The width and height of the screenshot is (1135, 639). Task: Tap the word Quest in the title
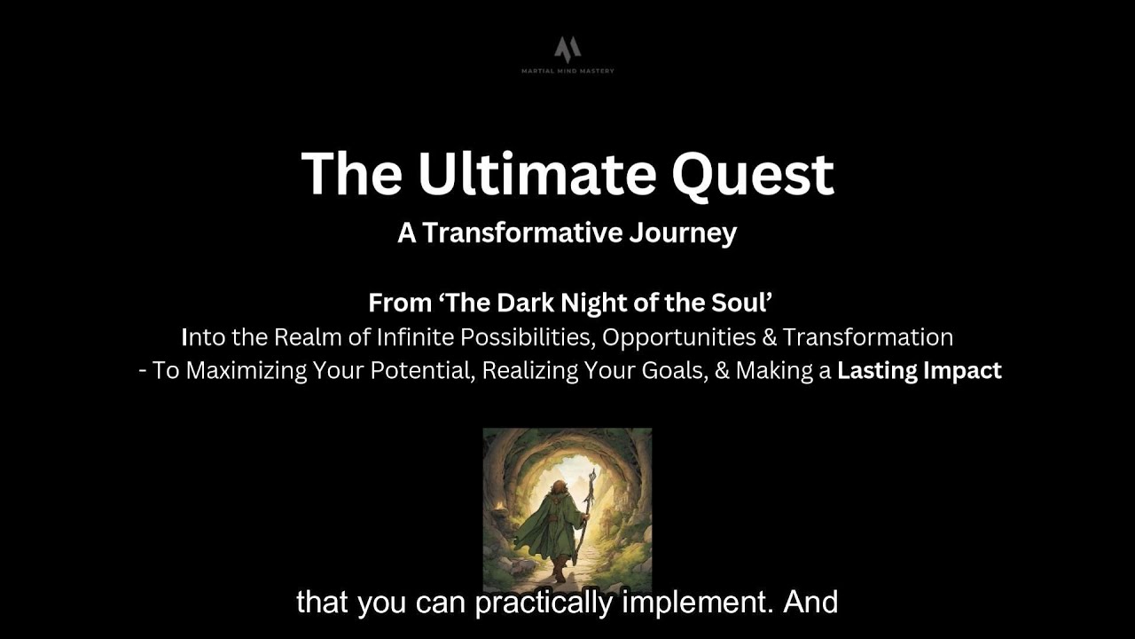coord(753,175)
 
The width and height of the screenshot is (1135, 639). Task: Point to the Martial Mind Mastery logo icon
coord(567,48)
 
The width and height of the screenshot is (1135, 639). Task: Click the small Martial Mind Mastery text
coord(567,71)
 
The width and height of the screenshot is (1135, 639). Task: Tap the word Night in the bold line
coord(593,303)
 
